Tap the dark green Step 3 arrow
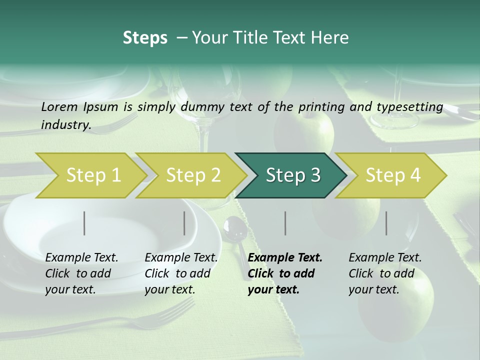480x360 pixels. [x=293, y=175]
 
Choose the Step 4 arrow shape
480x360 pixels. [x=393, y=175]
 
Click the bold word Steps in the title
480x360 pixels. [x=145, y=37]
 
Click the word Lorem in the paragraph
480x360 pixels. [x=59, y=106]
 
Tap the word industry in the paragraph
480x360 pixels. [x=66, y=124]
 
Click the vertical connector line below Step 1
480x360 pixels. [x=84, y=223]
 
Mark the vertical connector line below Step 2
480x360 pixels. [x=184, y=223]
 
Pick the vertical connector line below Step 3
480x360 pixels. [x=285, y=223]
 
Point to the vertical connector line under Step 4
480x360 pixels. [x=386, y=223]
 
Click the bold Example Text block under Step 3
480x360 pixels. [x=285, y=273]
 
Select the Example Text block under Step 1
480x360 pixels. [x=81, y=273]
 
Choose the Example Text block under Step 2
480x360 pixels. [x=181, y=273]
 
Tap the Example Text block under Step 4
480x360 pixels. [x=385, y=273]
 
